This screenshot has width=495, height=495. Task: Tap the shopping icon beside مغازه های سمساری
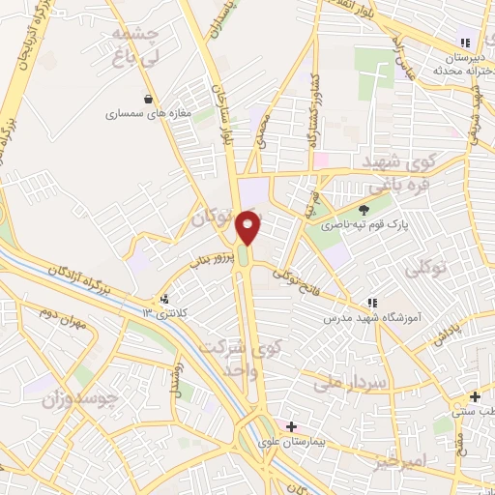148,98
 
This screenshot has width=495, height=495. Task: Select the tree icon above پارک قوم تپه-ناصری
364,210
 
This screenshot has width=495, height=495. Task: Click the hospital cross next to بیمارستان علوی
291,426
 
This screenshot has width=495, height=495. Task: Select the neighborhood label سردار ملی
350,383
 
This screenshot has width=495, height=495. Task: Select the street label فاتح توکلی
296,282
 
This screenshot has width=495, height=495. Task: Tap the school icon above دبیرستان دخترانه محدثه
465,43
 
